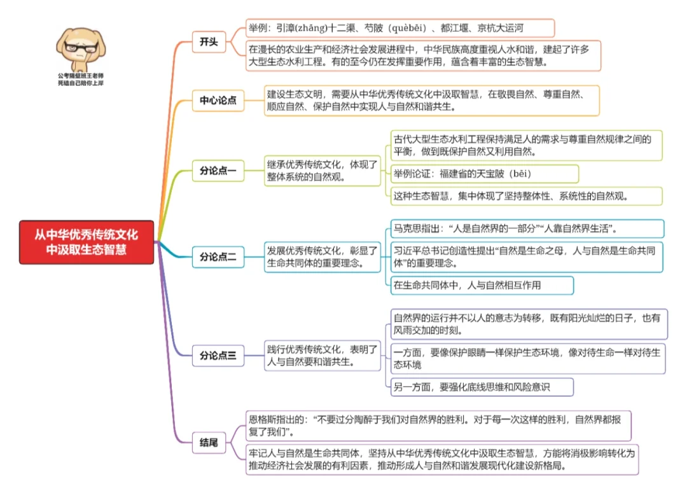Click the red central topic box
[87, 242]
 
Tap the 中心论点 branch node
[218, 101]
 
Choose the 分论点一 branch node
[218, 170]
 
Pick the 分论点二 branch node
[218, 257]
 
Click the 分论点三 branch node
[218, 356]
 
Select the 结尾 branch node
[209, 442]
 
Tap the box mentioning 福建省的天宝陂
[484, 174]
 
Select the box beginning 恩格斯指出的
[439, 426]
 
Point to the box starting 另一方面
[482, 387]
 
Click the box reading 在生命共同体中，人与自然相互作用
[482, 285]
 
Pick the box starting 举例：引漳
[400, 28]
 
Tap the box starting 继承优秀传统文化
[323, 170]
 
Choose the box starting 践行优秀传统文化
[323, 356]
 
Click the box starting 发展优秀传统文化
[323, 257]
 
